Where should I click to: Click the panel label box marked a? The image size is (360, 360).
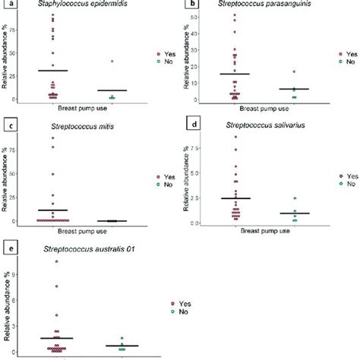(x=10, y=5)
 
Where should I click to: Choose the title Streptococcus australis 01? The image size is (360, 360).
(x=79, y=248)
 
